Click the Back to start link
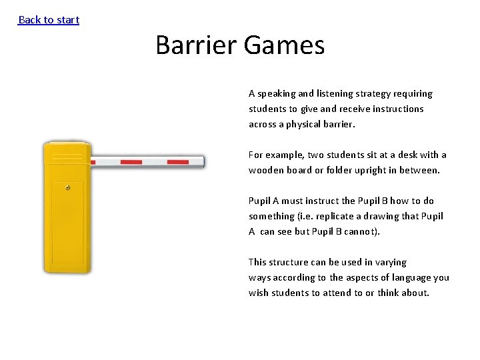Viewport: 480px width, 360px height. click(x=49, y=20)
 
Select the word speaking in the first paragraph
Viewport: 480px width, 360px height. click(x=279, y=94)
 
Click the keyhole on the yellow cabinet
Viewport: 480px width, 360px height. click(x=68, y=189)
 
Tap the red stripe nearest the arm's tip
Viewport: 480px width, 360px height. click(x=177, y=162)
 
